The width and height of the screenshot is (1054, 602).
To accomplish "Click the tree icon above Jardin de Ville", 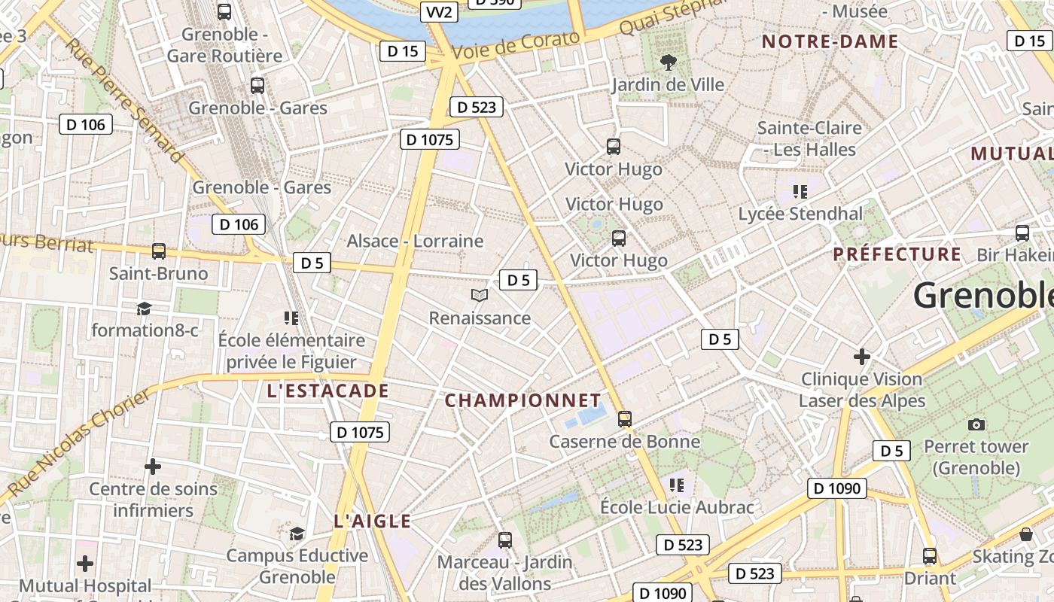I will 667,62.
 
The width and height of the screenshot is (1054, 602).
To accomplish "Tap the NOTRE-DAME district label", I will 830,41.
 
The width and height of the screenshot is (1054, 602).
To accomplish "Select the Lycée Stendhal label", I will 800,214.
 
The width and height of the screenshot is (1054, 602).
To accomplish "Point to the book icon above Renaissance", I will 480,296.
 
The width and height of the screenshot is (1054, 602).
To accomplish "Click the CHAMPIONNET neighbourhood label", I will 523,400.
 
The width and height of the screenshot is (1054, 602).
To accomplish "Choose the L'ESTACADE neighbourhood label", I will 328,391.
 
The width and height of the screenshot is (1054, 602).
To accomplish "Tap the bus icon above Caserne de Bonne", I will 624,419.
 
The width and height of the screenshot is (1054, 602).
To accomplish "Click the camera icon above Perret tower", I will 976,424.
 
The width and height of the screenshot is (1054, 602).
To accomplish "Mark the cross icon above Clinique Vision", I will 862,357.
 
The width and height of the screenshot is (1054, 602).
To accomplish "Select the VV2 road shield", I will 439,12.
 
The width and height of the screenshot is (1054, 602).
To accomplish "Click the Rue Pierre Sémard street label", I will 124,99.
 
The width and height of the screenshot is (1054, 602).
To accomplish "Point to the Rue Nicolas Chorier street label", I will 80,444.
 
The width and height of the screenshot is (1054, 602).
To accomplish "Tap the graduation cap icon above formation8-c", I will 144,309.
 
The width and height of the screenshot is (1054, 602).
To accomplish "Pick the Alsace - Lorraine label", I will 415,241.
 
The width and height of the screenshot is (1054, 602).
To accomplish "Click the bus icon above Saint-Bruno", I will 158,251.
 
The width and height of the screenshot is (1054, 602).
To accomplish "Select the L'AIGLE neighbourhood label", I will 372,521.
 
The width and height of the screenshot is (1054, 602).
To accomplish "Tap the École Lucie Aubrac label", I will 677,507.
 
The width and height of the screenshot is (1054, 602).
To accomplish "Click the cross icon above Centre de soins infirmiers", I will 153,467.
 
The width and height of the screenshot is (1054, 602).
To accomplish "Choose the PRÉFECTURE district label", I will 897,254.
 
